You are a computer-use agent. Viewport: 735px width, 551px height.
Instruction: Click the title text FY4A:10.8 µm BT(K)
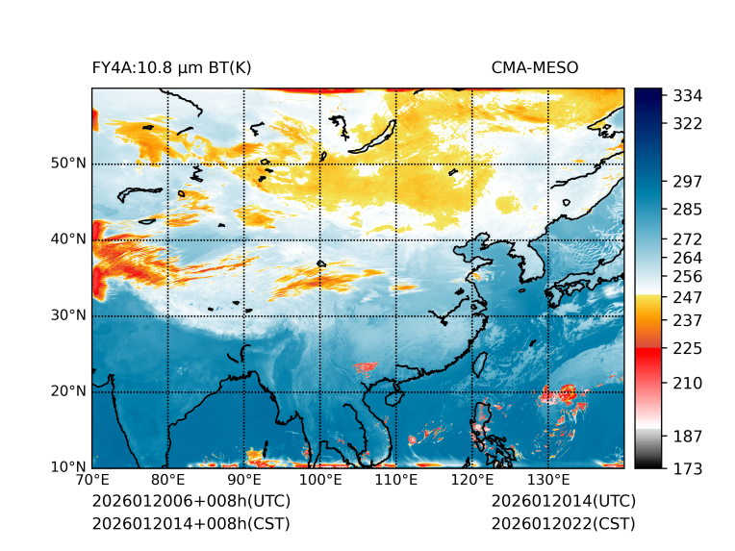coord(171,67)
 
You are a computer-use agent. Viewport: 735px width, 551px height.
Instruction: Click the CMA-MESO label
coord(535,67)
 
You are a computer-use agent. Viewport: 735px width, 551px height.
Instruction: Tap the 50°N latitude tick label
coord(68,163)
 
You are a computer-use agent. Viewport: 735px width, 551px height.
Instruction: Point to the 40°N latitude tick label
coord(68,239)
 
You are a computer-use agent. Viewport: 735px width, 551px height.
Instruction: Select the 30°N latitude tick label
coord(68,315)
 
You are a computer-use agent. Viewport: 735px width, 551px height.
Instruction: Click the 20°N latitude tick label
coord(68,391)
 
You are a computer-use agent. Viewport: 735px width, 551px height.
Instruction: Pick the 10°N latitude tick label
coord(68,467)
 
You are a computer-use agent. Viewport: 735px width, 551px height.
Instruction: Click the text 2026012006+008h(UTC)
coord(190,502)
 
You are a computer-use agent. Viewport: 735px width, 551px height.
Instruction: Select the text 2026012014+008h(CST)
coord(190,524)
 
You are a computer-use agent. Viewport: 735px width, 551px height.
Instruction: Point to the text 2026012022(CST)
coord(563,524)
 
